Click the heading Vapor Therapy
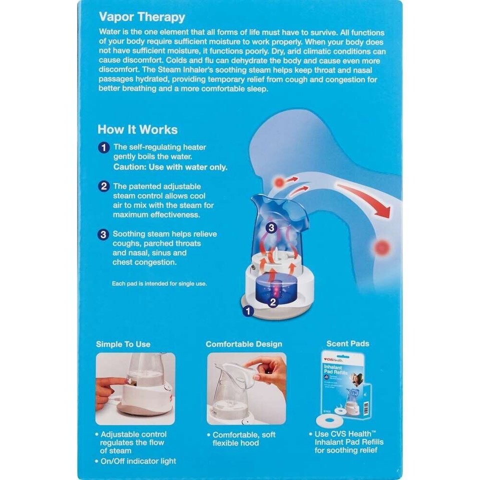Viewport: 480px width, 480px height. pos(142,16)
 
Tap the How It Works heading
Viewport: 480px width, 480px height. pos(137,129)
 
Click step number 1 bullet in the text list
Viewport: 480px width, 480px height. pos(103,147)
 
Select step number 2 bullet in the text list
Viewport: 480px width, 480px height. pos(103,186)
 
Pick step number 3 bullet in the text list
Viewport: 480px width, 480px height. pos(103,234)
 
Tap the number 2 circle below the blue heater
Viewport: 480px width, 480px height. pos(273,301)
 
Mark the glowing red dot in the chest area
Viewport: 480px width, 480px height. pos(382,246)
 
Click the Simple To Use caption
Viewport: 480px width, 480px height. pos(123,344)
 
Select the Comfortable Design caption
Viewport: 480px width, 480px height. pos(244,344)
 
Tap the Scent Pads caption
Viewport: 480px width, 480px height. pos(347,343)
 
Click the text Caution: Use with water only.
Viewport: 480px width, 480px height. pos(170,167)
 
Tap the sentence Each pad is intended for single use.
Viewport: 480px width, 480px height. pos(159,283)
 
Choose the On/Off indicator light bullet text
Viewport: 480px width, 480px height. pos(138,461)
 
